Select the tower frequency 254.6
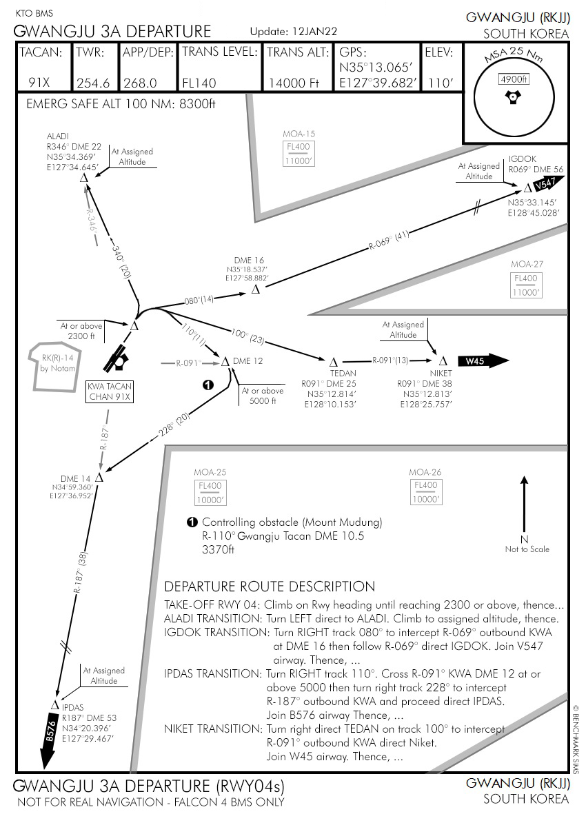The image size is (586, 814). pyautogui.click(x=93, y=83)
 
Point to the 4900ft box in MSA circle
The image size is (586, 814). pyautogui.click(x=512, y=79)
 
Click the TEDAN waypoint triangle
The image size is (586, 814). pyautogui.click(x=333, y=362)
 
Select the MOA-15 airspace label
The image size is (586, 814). pyautogui.click(x=299, y=134)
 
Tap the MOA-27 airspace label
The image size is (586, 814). pyautogui.click(x=527, y=264)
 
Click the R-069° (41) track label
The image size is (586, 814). pyautogui.click(x=389, y=241)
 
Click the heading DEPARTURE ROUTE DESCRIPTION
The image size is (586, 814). pyautogui.click(x=270, y=587)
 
